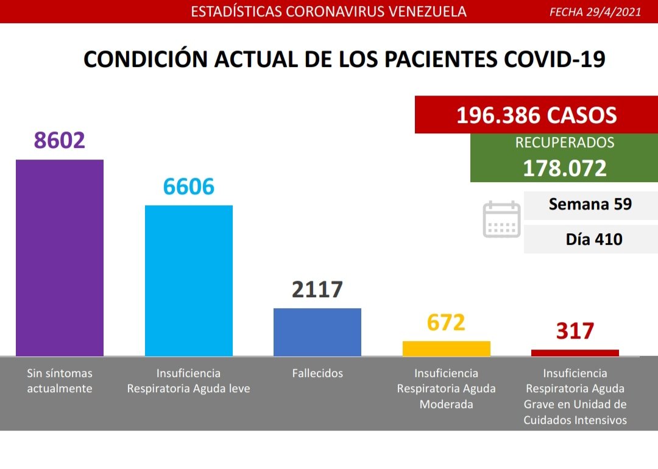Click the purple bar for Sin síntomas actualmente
[x=60, y=257]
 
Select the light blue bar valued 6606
[x=188, y=280]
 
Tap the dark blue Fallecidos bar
[x=317, y=331]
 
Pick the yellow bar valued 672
[x=446, y=348]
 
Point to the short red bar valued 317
[x=575, y=352]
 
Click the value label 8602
[x=60, y=140]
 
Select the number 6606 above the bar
[x=188, y=186]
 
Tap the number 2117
[x=317, y=289]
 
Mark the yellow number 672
[x=446, y=322]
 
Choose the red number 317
[x=575, y=331]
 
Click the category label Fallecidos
[x=317, y=373]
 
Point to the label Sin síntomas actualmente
[x=60, y=381]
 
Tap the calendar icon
[x=501, y=219]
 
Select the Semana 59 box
[x=590, y=205]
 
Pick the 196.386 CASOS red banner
[x=536, y=115]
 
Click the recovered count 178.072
[x=564, y=168]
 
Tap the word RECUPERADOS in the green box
[x=564, y=143]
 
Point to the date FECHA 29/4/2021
[x=595, y=12]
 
